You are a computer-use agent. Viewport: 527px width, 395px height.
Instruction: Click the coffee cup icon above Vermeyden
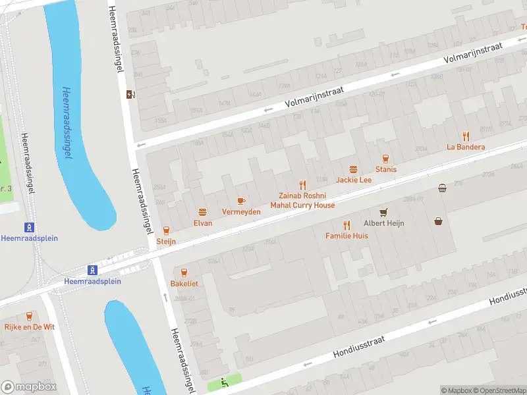click(x=240, y=201)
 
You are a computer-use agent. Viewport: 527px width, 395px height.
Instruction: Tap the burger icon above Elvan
click(x=203, y=212)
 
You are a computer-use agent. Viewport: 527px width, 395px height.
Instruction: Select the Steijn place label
click(x=166, y=242)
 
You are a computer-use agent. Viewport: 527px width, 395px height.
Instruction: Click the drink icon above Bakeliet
click(x=184, y=272)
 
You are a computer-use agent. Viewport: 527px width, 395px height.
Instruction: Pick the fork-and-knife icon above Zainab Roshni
click(x=302, y=185)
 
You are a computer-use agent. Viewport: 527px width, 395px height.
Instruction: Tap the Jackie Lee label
click(x=354, y=180)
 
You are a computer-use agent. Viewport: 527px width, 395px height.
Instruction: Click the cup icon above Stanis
click(x=386, y=159)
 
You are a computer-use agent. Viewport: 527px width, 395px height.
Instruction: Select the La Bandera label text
click(x=466, y=147)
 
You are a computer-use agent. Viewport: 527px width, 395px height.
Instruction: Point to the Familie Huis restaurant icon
click(x=347, y=224)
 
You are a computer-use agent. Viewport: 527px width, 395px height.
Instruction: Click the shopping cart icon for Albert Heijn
click(x=383, y=212)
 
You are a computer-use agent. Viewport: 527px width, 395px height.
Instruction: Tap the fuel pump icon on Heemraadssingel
click(x=130, y=93)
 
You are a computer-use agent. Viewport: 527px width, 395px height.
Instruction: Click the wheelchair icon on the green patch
click(x=225, y=381)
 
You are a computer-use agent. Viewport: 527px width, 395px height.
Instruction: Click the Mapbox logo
click(x=29, y=386)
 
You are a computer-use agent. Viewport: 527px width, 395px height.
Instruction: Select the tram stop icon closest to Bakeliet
click(x=93, y=270)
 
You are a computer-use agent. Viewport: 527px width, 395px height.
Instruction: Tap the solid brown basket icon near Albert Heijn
click(x=438, y=221)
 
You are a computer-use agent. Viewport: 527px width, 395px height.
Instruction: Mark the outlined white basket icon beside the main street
click(x=442, y=188)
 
